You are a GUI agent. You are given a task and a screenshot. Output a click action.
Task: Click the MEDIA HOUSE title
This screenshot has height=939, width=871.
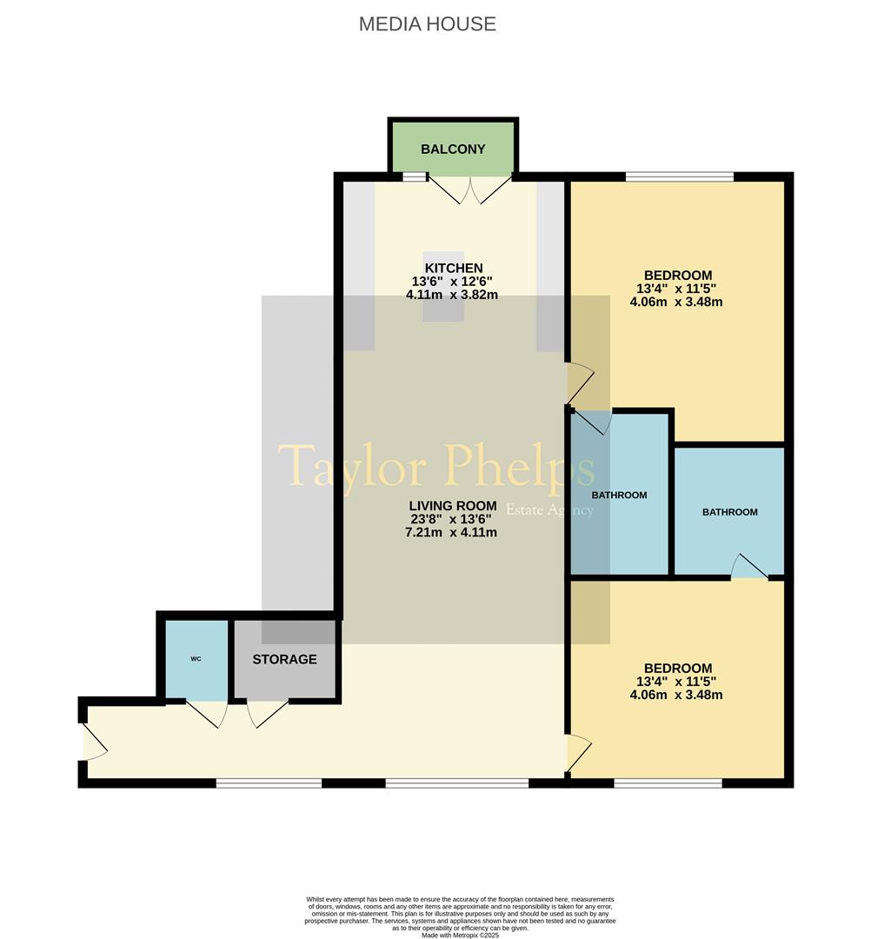click(x=427, y=24)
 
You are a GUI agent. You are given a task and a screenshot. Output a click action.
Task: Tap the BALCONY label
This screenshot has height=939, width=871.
click(x=452, y=150)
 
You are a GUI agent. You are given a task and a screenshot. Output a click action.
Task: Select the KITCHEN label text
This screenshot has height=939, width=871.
click(x=451, y=268)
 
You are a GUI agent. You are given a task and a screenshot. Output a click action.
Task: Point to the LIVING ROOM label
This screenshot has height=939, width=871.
click(x=452, y=506)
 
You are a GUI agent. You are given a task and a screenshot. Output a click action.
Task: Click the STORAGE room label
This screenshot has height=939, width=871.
click(x=284, y=660)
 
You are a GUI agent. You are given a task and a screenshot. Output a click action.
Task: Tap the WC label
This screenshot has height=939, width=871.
click(x=196, y=659)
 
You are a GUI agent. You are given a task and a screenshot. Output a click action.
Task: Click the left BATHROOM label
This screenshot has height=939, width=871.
click(x=619, y=496)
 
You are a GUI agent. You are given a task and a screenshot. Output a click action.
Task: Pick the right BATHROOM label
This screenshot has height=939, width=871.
click(x=729, y=512)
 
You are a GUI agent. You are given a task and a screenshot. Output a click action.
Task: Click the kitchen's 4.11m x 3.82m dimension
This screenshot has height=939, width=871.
click(x=451, y=295)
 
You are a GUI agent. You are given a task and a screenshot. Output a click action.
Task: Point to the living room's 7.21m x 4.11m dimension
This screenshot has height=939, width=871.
click(x=452, y=532)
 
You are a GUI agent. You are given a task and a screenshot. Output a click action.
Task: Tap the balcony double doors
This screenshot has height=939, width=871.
click(x=471, y=189)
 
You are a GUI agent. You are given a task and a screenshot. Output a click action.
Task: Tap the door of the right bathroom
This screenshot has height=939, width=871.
click(x=748, y=567)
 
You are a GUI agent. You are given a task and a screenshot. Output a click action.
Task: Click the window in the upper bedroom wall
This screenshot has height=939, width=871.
click(x=679, y=177)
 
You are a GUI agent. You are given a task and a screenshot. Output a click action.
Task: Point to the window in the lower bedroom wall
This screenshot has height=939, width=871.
click(x=668, y=783)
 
